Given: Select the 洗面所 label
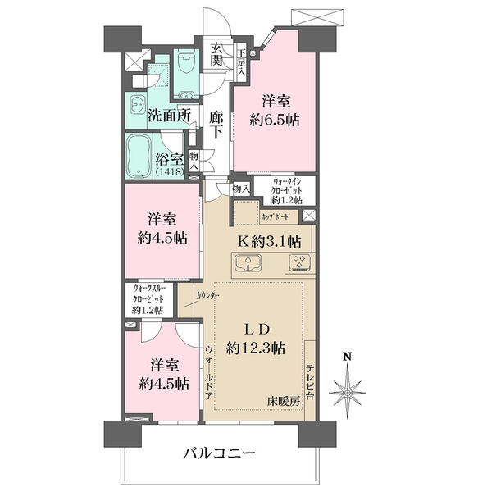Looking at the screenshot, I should point(169,116).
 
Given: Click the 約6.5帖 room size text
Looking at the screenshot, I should point(274,120).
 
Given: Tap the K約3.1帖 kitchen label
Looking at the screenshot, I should point(268,241).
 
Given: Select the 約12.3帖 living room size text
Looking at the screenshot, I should point(256,348).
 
